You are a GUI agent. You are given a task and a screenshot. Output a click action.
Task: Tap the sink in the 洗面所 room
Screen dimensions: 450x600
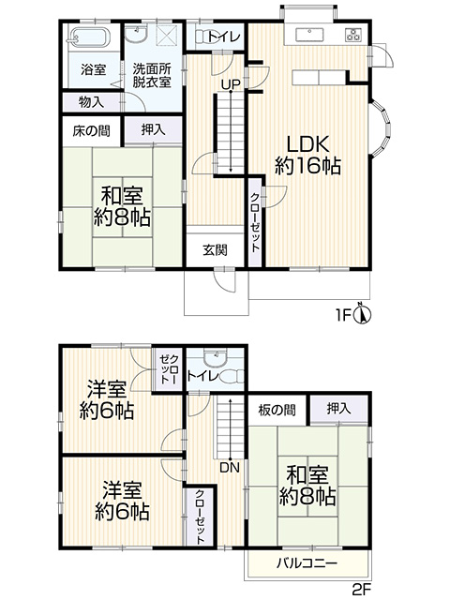(x=136, y=34)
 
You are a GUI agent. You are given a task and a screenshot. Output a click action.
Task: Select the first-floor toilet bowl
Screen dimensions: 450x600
(x=202, y=37)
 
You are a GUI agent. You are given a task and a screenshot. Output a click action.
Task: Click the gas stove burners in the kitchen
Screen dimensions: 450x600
(x=353, y=34)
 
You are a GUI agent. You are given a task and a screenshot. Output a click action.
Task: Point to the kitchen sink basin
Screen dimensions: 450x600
(x=310, y=35)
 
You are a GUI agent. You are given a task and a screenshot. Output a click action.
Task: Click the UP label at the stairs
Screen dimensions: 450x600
(x=231, y=84)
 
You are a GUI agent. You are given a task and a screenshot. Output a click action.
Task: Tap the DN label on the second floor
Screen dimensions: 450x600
(x=230, y=467)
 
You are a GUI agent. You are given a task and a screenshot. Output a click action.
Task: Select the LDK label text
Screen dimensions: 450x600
(x=308, y=144)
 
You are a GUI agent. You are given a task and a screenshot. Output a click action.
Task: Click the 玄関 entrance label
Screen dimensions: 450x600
(x=215, y=250)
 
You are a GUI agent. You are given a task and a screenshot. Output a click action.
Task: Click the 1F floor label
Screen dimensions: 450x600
(x=344, y=315)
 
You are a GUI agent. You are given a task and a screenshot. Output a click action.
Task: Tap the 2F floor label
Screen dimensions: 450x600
(x=362, y=590)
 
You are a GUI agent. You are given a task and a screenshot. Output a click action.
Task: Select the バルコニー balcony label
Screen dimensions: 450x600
(x=307, y=563)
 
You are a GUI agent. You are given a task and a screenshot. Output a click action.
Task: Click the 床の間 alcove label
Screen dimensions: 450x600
(x=92, y=131)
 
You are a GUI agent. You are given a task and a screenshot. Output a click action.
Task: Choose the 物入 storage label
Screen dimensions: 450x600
(x=91, y=102)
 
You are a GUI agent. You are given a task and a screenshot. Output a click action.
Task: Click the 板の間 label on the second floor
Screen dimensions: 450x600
(x=277, y=411)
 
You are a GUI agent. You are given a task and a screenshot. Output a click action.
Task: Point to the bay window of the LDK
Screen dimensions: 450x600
(x=382, y=127)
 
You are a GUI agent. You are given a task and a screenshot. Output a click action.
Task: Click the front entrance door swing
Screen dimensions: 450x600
(x=224, y=280)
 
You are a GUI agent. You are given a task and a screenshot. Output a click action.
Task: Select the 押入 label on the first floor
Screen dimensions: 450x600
(x=154, y=129)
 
